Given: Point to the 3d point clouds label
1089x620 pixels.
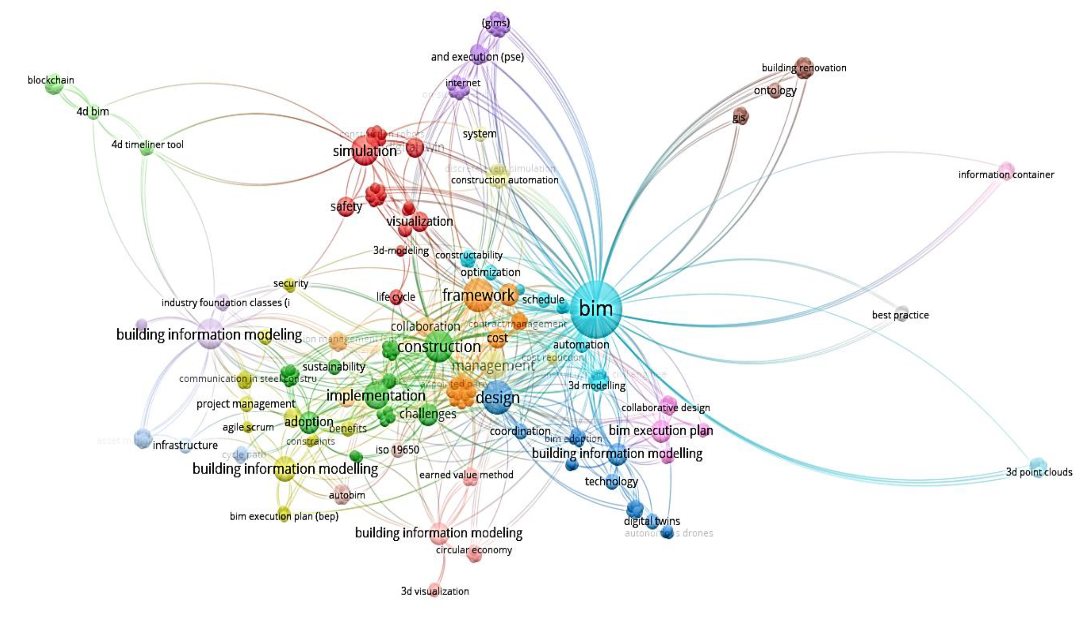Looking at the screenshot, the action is click(1039, 472).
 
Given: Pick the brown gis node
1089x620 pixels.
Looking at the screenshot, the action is click(740, 116).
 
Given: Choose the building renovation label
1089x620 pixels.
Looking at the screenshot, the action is click(804, 68).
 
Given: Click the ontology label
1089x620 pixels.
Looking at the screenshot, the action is click(775, 90).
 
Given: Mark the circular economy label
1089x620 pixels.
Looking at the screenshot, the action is click(474, 550).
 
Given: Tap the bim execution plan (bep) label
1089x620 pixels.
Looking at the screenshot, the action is click(284, 517).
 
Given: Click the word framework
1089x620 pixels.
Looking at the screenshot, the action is click(478, 295).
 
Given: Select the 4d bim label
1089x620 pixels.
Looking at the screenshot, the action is click(93, 112).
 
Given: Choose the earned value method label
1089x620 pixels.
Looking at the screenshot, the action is click(466, 475).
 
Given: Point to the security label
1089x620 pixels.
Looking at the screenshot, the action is click(291, 283).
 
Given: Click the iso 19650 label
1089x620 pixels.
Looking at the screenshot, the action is click(397, 450).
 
